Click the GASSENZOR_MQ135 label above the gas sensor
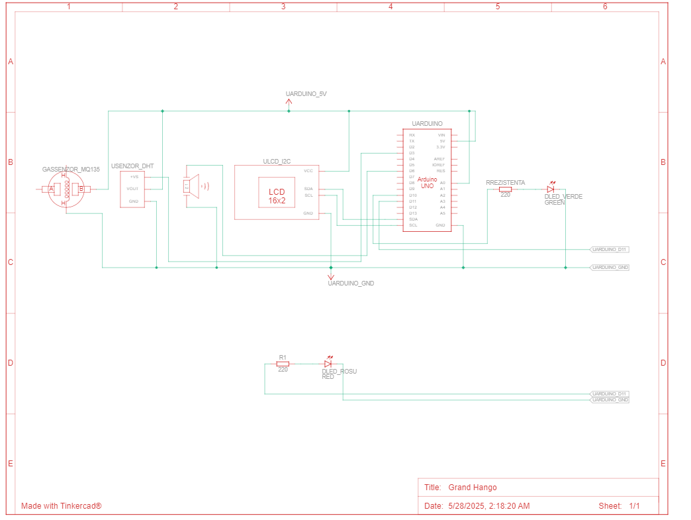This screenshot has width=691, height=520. pos(71,170)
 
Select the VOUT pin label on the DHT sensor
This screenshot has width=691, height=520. pos(133,189)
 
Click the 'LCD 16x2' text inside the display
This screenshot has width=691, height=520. pos(277,196)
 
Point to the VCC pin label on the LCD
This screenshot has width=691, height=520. pos(308,171)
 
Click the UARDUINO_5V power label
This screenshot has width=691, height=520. pos(306,94)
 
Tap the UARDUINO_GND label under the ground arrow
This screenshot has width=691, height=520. pos(351,284)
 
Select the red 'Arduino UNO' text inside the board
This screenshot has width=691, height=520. pos(428,183)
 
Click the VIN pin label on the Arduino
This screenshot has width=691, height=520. pos(441,135)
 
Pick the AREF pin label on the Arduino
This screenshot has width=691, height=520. pos(439,159)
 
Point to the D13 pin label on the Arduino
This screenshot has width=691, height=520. pos(412,213)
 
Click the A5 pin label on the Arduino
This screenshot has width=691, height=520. pos(442,213)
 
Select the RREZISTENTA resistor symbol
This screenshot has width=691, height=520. pos(505,189)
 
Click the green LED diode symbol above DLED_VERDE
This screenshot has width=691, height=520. pos(550,189)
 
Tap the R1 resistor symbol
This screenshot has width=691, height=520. pos(283,363)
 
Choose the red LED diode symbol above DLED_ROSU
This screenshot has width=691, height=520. pos(328,363)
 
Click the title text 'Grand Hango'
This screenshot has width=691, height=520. pos(472,488)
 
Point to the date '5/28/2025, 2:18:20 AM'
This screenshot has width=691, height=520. pos(488,506)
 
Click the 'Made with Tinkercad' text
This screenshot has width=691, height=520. pos(62,506)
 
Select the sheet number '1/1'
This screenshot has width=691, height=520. pos(634,506)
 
